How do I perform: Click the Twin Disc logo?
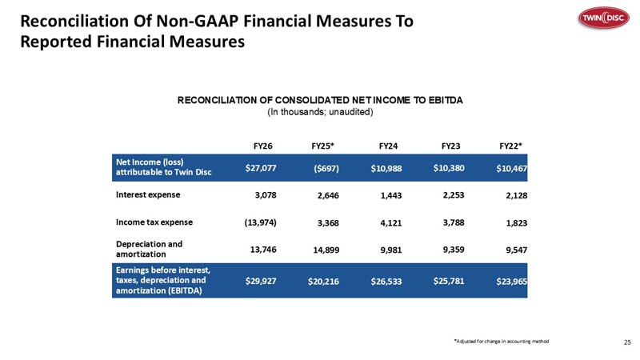tap(604, 18)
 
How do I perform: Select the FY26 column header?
tap(263, 146)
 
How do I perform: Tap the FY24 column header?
tap(388, 146)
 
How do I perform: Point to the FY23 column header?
tap(450, 146)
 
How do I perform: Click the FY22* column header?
tap(511, 146)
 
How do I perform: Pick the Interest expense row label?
tap(148, 194)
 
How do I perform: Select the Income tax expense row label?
tap(154, 222)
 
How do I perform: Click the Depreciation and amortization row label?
tap(149, 249)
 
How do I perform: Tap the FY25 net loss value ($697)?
tap(326, 168)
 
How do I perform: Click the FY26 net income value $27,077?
tap(261, 168)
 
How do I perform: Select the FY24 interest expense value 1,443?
tap(391, 195)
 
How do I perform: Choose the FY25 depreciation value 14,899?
tap(326, 250)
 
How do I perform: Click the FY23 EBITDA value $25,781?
tap(449, 282)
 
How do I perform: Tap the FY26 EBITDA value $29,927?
tap(261, 282)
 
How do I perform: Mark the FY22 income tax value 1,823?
tap(517, 223)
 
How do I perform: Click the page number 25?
tap(628, 342)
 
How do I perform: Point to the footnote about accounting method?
tap(502, 342)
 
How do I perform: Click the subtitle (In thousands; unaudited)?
tap(321, 112)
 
